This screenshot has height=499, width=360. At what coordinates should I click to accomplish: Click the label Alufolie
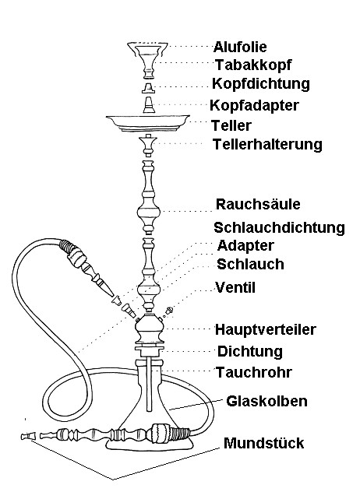240,47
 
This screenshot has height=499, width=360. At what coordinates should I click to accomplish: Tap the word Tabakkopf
253,65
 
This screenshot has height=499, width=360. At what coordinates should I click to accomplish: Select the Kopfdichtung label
261,84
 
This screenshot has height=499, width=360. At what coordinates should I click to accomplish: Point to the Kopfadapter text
254,105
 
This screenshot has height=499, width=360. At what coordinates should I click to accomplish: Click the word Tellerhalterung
267,145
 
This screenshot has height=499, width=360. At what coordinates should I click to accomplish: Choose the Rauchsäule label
258,204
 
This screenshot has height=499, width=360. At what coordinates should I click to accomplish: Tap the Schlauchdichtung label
280,228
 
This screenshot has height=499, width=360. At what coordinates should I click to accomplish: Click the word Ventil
235,287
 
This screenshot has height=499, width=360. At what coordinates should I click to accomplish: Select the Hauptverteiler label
266,330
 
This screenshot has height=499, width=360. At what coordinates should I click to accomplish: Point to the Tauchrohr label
254,372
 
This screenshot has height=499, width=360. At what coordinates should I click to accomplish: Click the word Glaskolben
267,401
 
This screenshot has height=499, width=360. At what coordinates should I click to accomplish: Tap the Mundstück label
264,443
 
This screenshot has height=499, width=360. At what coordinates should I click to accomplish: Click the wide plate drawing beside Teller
148,124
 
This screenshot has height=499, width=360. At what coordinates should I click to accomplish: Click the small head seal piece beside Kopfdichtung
149,87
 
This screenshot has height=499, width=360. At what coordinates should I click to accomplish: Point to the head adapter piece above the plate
149,104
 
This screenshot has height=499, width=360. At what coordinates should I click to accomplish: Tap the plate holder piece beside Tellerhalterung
148,145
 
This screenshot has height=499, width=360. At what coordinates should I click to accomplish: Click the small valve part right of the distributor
168,311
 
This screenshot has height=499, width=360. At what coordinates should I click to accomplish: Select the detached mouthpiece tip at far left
27,436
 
